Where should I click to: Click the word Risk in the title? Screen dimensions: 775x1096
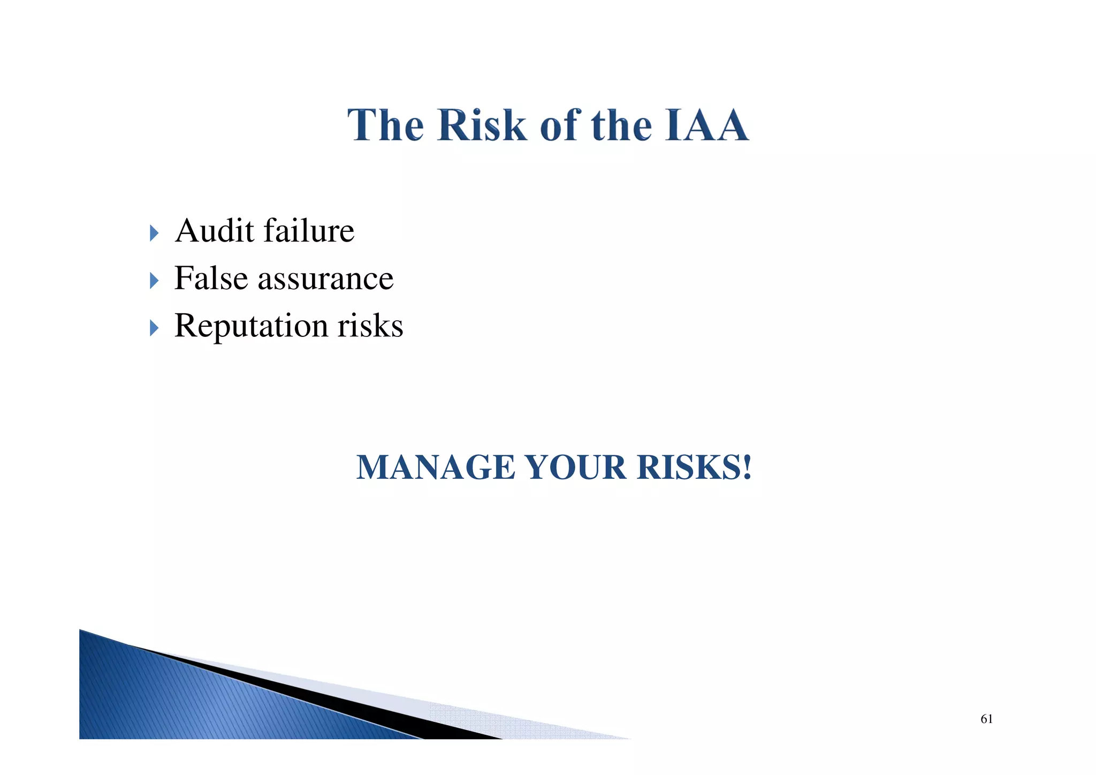tap(482, 125)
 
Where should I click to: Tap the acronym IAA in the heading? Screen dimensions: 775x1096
tap(706, 125)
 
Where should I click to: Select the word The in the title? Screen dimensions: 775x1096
tap(386, 125)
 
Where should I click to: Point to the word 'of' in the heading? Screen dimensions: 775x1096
tap(560, 125)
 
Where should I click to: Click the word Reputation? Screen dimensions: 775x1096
tap(251, 326)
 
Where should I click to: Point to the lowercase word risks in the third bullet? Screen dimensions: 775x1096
tap(370, 326)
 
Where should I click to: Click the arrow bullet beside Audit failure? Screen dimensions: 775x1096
tap(154, 233)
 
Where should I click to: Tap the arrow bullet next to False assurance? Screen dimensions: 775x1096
tap(154, 280)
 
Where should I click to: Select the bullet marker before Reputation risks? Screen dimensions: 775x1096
tap(154, 328)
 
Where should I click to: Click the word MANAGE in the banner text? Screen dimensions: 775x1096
tap(435, 467)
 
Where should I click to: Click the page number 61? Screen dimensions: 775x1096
tap(986, 719)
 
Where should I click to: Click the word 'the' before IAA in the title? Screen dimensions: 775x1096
tap(621, 125)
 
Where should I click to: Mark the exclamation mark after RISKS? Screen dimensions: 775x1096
tap(747, 467)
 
